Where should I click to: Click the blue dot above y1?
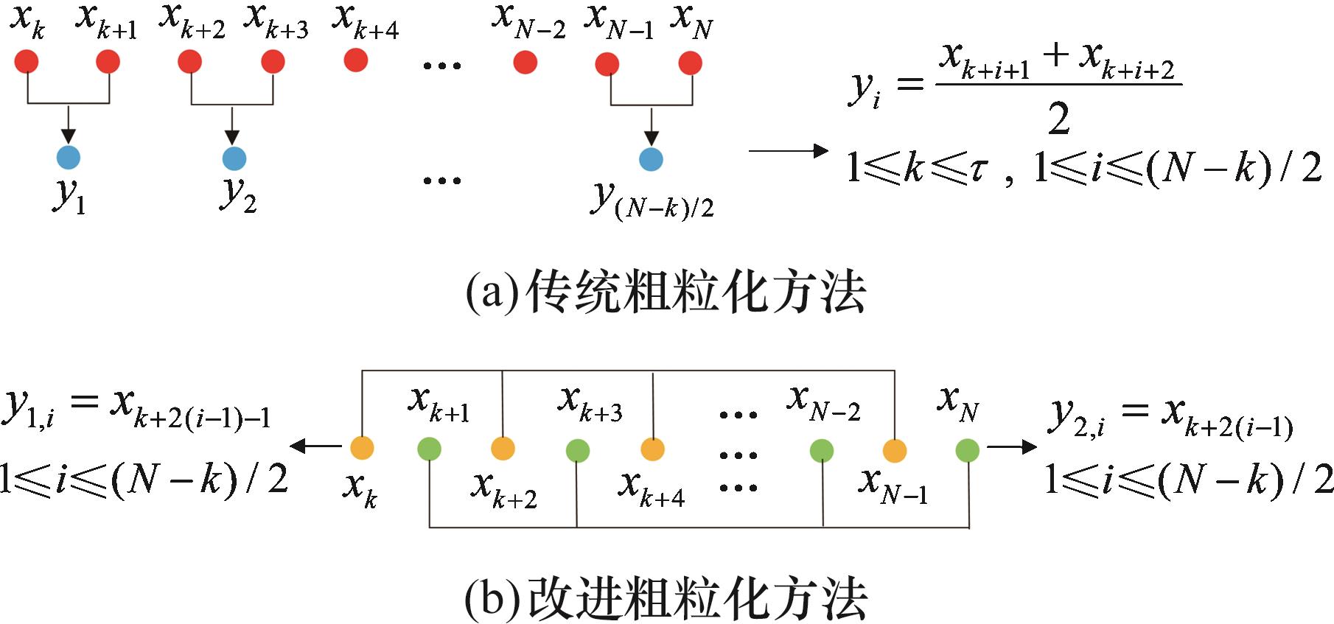(68, 157)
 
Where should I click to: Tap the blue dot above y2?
(234, 158)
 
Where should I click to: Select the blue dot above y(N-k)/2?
(651, 159)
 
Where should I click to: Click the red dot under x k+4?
(356, 60)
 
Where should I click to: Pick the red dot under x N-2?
(525, 63)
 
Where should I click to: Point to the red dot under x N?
(691, 63)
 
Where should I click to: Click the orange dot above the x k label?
(362, 447)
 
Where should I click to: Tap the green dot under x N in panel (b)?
(967, 449)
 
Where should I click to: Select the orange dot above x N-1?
(894, 450)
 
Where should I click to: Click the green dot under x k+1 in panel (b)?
(429, 449)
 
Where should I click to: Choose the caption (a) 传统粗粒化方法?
(666, 293)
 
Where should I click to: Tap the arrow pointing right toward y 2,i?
(1012, 446)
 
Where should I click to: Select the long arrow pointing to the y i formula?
(789, 151)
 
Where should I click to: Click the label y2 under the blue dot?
(238, 194)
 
